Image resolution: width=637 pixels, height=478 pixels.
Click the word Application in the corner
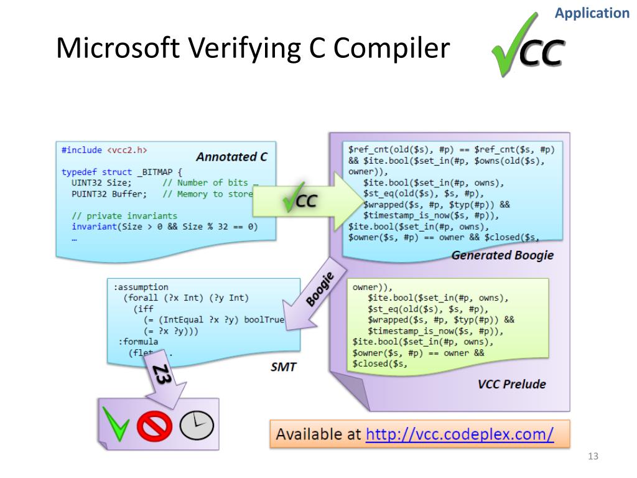pyautogui.click(x=592, y=13)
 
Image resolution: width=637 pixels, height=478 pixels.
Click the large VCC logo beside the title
pyautogui.click(x=528, y=47)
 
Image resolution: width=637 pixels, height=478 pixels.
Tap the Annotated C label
pyautogui.click(x=231, y=157)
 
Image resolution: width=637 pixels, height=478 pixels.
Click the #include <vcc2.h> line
pyautogui.click(x=105, y=150)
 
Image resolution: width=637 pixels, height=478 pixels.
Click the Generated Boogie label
pyautogui.click(x=501, y=255)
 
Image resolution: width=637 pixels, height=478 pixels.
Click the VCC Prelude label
pyautogui.click(x=511, y=384)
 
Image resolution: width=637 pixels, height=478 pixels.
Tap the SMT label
pyautogui.click(x=283, y=367)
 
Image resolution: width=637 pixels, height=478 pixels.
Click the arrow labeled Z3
pyautogui.click(x=163, y=380)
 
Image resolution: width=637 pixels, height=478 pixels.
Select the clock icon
pyautogui.click(x=197, y=425)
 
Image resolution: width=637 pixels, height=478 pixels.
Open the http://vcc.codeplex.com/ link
pyautogui.click(x=460, y=434)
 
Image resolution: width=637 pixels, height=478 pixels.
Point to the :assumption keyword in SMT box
pyautogui.click(x=141, y=287)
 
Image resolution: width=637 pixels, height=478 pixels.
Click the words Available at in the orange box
pyautogui.click(x=318, y=434)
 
